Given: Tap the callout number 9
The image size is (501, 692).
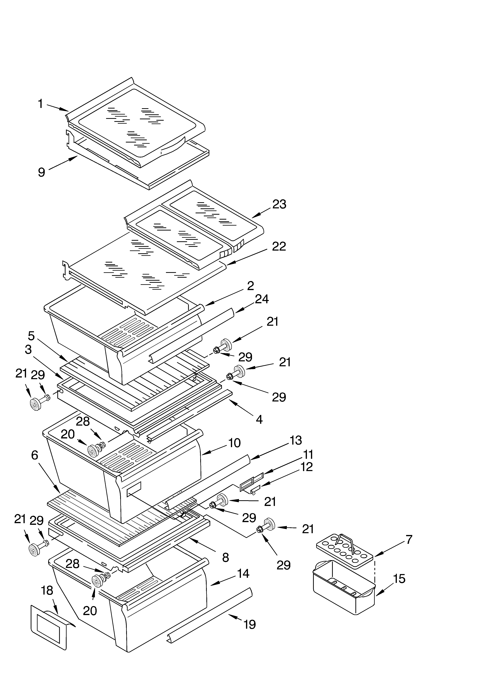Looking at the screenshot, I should click(41, 172).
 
